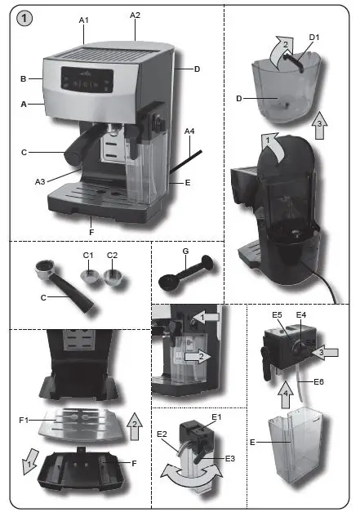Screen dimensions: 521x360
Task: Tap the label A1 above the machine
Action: point(84,18)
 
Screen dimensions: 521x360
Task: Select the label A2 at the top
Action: point(135,15)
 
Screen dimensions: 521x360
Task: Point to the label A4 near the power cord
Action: point(189,131)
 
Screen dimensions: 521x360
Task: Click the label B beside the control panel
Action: point(24,79)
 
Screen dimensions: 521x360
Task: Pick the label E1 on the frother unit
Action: point(216,417)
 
